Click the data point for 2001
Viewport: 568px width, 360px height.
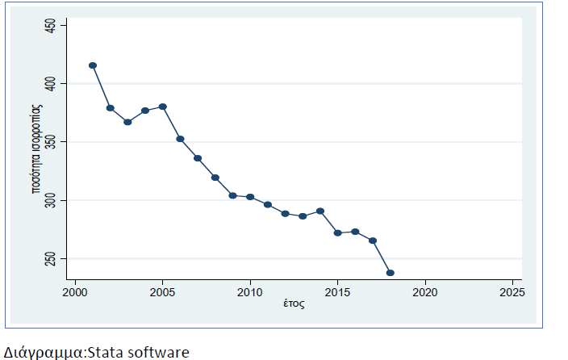tap(93, 65)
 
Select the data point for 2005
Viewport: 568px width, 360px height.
tap(163, 107)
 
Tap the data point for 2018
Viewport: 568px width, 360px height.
tap(390, 273)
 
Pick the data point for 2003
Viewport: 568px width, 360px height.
tap(127, 122)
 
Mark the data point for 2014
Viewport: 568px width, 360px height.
tap(320, 211)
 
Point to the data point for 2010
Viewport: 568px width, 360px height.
tap(250, 197)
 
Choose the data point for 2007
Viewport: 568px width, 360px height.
tap(198, 158)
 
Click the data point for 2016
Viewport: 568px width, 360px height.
tap(355, 232)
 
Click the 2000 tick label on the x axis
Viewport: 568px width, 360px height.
tap(75, 291)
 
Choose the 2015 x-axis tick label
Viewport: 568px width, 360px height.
tap(337, 291)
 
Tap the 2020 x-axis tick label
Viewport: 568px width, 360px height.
tap(425, 291)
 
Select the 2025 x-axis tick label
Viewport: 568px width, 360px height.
tap(512, 291)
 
